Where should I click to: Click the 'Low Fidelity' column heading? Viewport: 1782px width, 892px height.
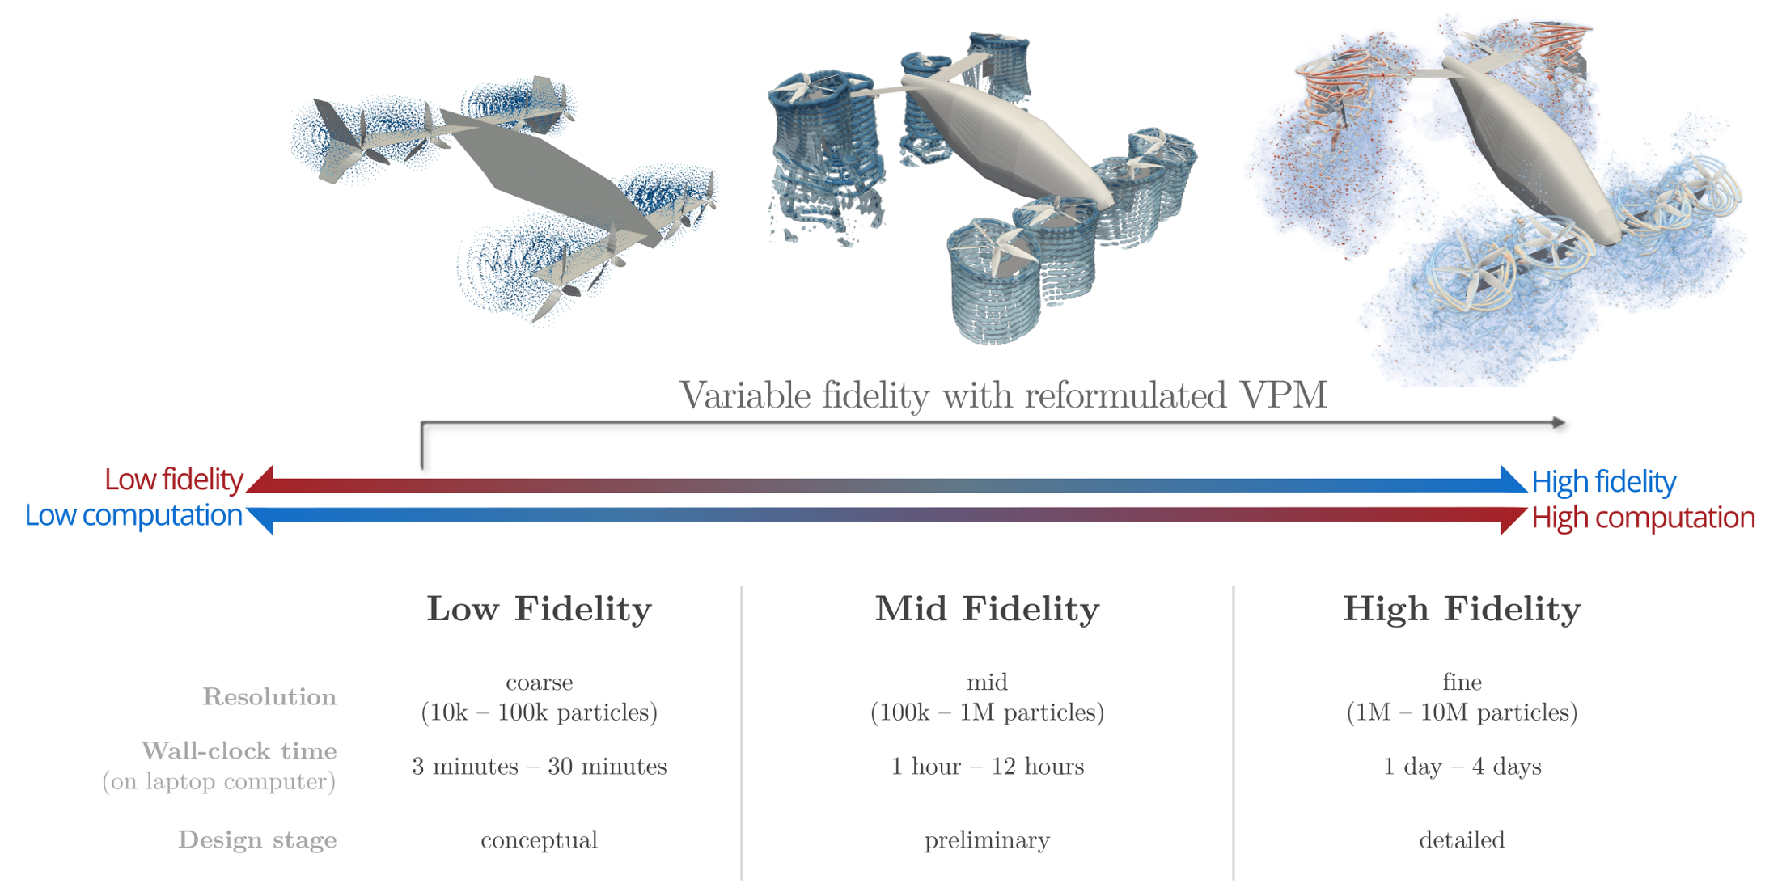click(539, 609)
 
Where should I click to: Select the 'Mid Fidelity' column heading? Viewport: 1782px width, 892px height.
click(987, 609)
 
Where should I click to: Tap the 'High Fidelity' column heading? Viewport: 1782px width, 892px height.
click(1462, 609)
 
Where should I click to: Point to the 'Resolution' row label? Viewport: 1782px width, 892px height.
click(269, 696)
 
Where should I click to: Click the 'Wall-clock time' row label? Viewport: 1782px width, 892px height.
click(239, 750)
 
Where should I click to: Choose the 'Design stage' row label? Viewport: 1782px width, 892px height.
click(257, 840)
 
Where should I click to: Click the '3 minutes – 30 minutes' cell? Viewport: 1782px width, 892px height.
click(540, 766)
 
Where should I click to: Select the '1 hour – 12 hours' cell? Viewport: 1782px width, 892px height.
click(987, 766)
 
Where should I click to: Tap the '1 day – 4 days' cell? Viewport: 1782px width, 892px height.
click(1462, 766)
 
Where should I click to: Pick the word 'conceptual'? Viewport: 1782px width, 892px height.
click(540, 840)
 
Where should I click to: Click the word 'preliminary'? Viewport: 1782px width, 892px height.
click(987, 840)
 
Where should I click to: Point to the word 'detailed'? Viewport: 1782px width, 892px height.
click(1462, 839)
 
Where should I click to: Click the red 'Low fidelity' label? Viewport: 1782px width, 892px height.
click(173, 480)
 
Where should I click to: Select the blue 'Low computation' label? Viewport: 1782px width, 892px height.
click(133, 516)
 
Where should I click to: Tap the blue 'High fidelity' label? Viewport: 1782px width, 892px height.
click(1603, 482)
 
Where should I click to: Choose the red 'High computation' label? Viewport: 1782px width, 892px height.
click(1643, 518)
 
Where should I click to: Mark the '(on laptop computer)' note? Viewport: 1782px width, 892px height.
click(218, 782)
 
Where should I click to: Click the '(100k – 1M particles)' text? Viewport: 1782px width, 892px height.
click(987, 712)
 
